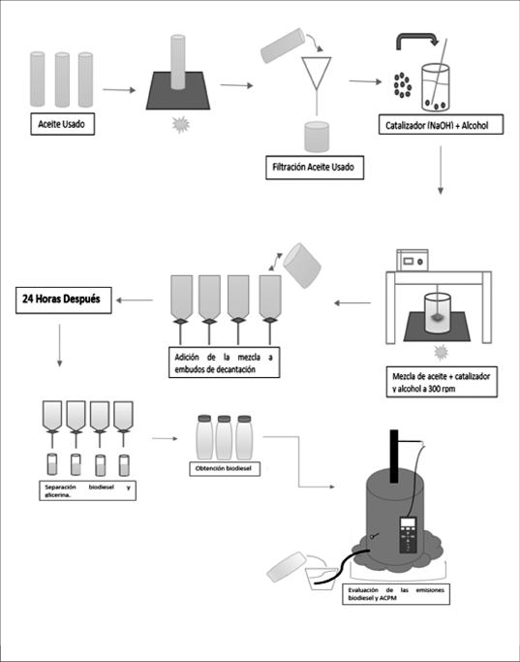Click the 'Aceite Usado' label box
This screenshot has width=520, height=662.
point(62,124)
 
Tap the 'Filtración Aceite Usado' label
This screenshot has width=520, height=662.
point(315,167)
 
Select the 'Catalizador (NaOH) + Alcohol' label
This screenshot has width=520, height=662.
point(441,125)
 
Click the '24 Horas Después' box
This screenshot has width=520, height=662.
point(63,299)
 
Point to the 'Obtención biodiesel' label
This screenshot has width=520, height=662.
point(225,469)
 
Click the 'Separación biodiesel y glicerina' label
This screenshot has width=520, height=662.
point(88,490)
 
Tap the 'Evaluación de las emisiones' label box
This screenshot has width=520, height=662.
point(396,594)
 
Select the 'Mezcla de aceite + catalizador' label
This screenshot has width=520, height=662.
point(442,382)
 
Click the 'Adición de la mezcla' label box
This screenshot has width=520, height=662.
point(224,363)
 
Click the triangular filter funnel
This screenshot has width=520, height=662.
point(317,73)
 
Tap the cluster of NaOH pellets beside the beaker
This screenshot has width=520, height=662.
point(402,85)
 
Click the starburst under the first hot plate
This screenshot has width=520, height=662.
point(181,125)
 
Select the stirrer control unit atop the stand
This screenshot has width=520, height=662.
point(413,261)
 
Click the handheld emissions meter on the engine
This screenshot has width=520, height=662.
point(409,534)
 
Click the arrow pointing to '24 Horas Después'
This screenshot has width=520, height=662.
point(135,300)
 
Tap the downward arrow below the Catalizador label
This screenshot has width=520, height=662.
point(441,171)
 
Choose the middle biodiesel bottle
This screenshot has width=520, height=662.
point(224,437)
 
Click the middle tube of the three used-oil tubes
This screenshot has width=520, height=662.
point(62,79)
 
